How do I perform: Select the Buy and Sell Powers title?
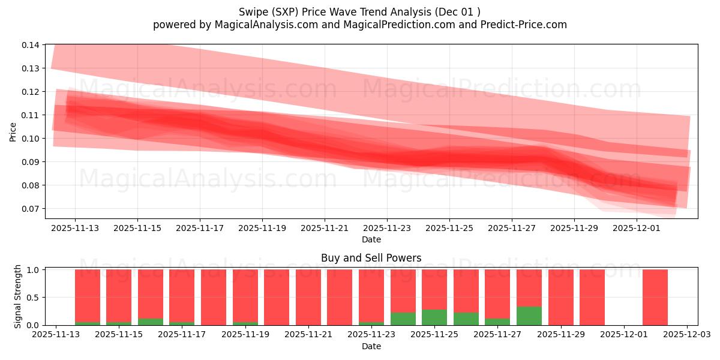click(x=371, y=258)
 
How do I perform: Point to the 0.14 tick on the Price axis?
click(x=31, y=45)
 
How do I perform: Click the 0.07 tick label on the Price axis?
click(x=31, y=209)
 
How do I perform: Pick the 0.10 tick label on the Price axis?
click(x=31, y=139)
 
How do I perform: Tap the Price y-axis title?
click(x=13, y=132)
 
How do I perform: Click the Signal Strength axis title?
click(x=18, y=296)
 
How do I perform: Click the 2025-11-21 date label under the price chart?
click(x=325, y=228)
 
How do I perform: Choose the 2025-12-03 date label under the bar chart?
click(x=687, y=335)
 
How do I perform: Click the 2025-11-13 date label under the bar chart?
click(x=56, y=335)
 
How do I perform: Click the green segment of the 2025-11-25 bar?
click(x=434, y=317)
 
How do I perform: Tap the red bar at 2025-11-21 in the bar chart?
click(x=308, y=297)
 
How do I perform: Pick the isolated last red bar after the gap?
click(x=655, y=297)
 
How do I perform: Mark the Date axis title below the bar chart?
click(x=371, y=346)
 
